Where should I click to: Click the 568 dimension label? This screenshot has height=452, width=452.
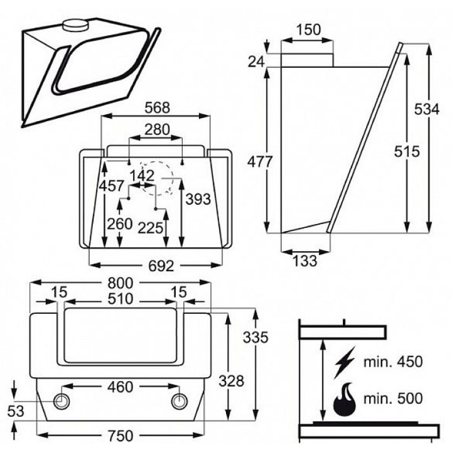tap(157, 107)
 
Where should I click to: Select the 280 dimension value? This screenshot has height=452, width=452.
tap(157, 130)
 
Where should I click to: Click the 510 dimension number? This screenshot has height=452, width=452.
tap(120, 299)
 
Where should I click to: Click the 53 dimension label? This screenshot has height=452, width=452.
tap(15, 411)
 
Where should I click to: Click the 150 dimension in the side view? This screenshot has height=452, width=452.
tap(308, 30)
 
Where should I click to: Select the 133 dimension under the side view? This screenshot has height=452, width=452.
tap(305, 261)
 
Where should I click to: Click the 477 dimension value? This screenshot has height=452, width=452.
tap(259, 161)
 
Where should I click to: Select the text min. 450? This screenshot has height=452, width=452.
tap(393, 362)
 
